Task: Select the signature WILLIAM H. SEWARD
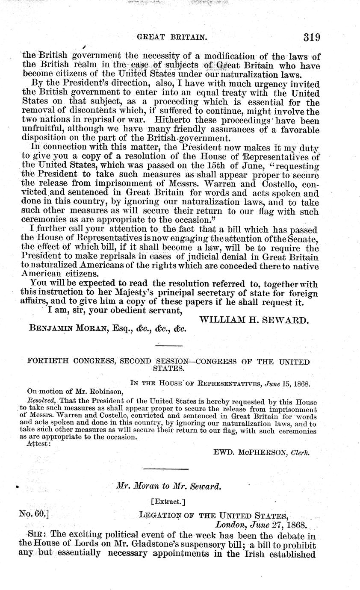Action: pos(254,319)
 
